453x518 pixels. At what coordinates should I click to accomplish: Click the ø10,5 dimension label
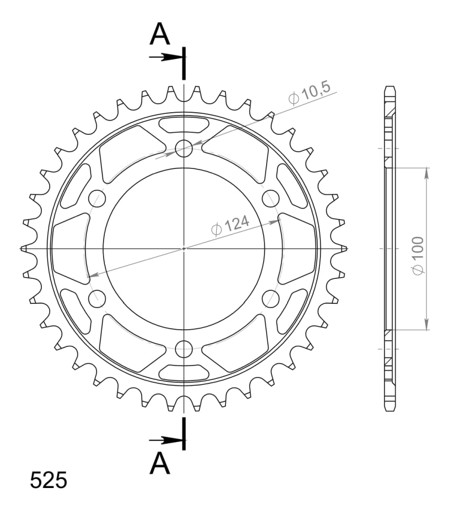click(x=309, y=94)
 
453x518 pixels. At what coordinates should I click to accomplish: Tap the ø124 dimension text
click(x=230, y=226)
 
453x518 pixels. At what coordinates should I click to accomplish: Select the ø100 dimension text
click(x=418, y=255)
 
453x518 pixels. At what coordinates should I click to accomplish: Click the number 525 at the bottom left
click(x=49, y=480)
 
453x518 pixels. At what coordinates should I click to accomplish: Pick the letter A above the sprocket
click(x=160, y=33)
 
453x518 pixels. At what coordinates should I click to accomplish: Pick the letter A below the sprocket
click(x=160, y=463)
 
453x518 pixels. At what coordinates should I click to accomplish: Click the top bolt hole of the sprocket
click(x=184, y=148)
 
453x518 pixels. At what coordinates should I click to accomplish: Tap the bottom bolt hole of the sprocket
click(x=184, y=349)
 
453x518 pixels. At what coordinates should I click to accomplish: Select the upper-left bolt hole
click(x=97, y=198)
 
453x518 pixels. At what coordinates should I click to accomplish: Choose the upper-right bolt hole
click(x=271, y=198)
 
